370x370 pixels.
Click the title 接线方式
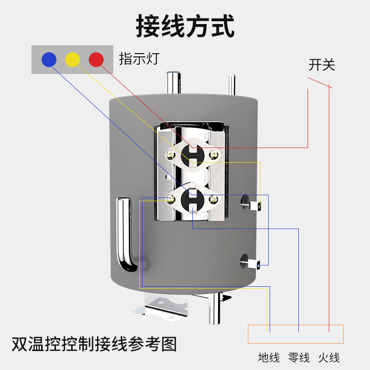[185, 26]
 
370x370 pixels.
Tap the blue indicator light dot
[49, 59]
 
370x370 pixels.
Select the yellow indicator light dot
[72, 59]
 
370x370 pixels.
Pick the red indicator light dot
[96, 59]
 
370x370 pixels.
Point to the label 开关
[321, 65]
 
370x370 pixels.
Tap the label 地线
[269, 357]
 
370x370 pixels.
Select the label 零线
[299, 357]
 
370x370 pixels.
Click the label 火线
[329, 357]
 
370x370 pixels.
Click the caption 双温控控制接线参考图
[94, 345]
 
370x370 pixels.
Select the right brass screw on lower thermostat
[213, 199]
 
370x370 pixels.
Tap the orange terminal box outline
[296, 333]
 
